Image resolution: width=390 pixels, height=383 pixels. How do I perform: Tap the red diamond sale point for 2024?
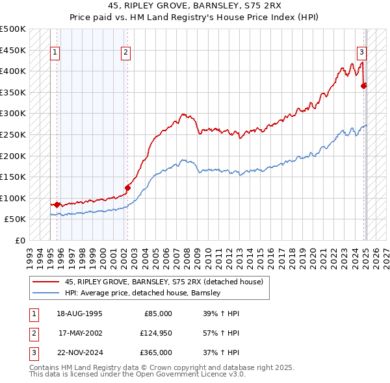[364, 85]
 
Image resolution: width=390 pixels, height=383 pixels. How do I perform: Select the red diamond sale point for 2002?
[128, 188]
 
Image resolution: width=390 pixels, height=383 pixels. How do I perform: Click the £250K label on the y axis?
[13, 135]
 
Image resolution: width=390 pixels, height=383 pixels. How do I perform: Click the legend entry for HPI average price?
[143, 293]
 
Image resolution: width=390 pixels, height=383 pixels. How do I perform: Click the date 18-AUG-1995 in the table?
[80, 314]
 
